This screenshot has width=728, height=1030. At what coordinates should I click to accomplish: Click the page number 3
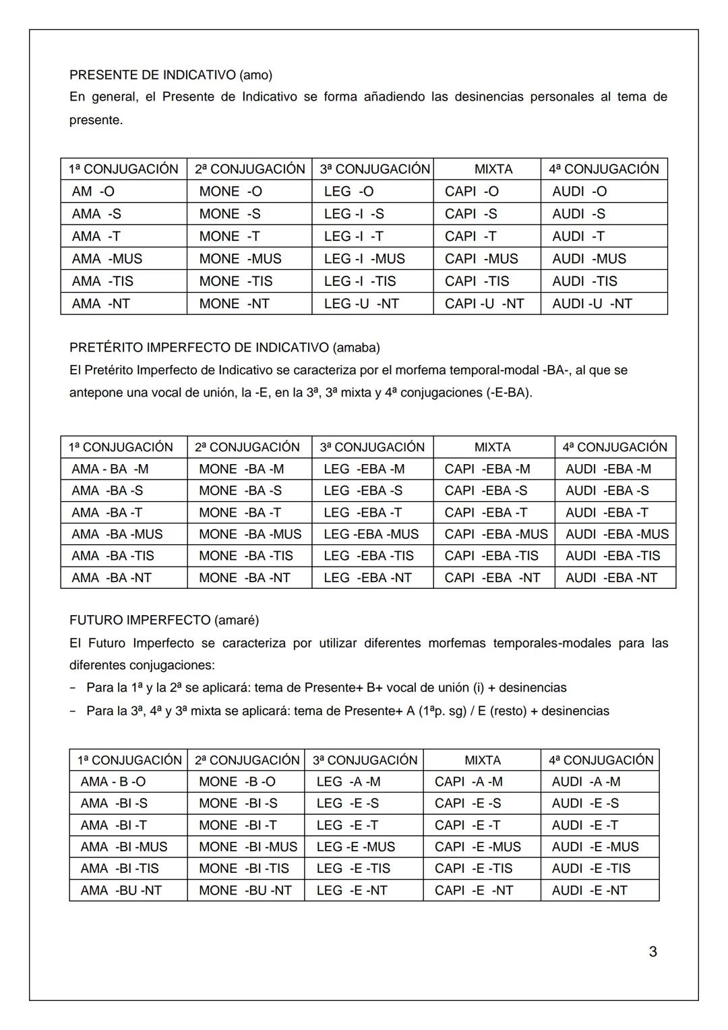(652, 952)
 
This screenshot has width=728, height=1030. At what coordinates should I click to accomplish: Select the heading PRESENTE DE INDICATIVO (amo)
(171, 75)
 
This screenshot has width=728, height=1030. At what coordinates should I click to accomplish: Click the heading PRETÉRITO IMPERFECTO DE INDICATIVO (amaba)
(224, 347)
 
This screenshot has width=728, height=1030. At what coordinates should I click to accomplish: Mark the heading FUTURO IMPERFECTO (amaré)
(164, 620)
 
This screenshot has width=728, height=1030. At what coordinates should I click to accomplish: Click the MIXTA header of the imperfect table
(492, 447)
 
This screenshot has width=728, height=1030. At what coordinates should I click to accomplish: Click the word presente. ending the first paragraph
(96, 121)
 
